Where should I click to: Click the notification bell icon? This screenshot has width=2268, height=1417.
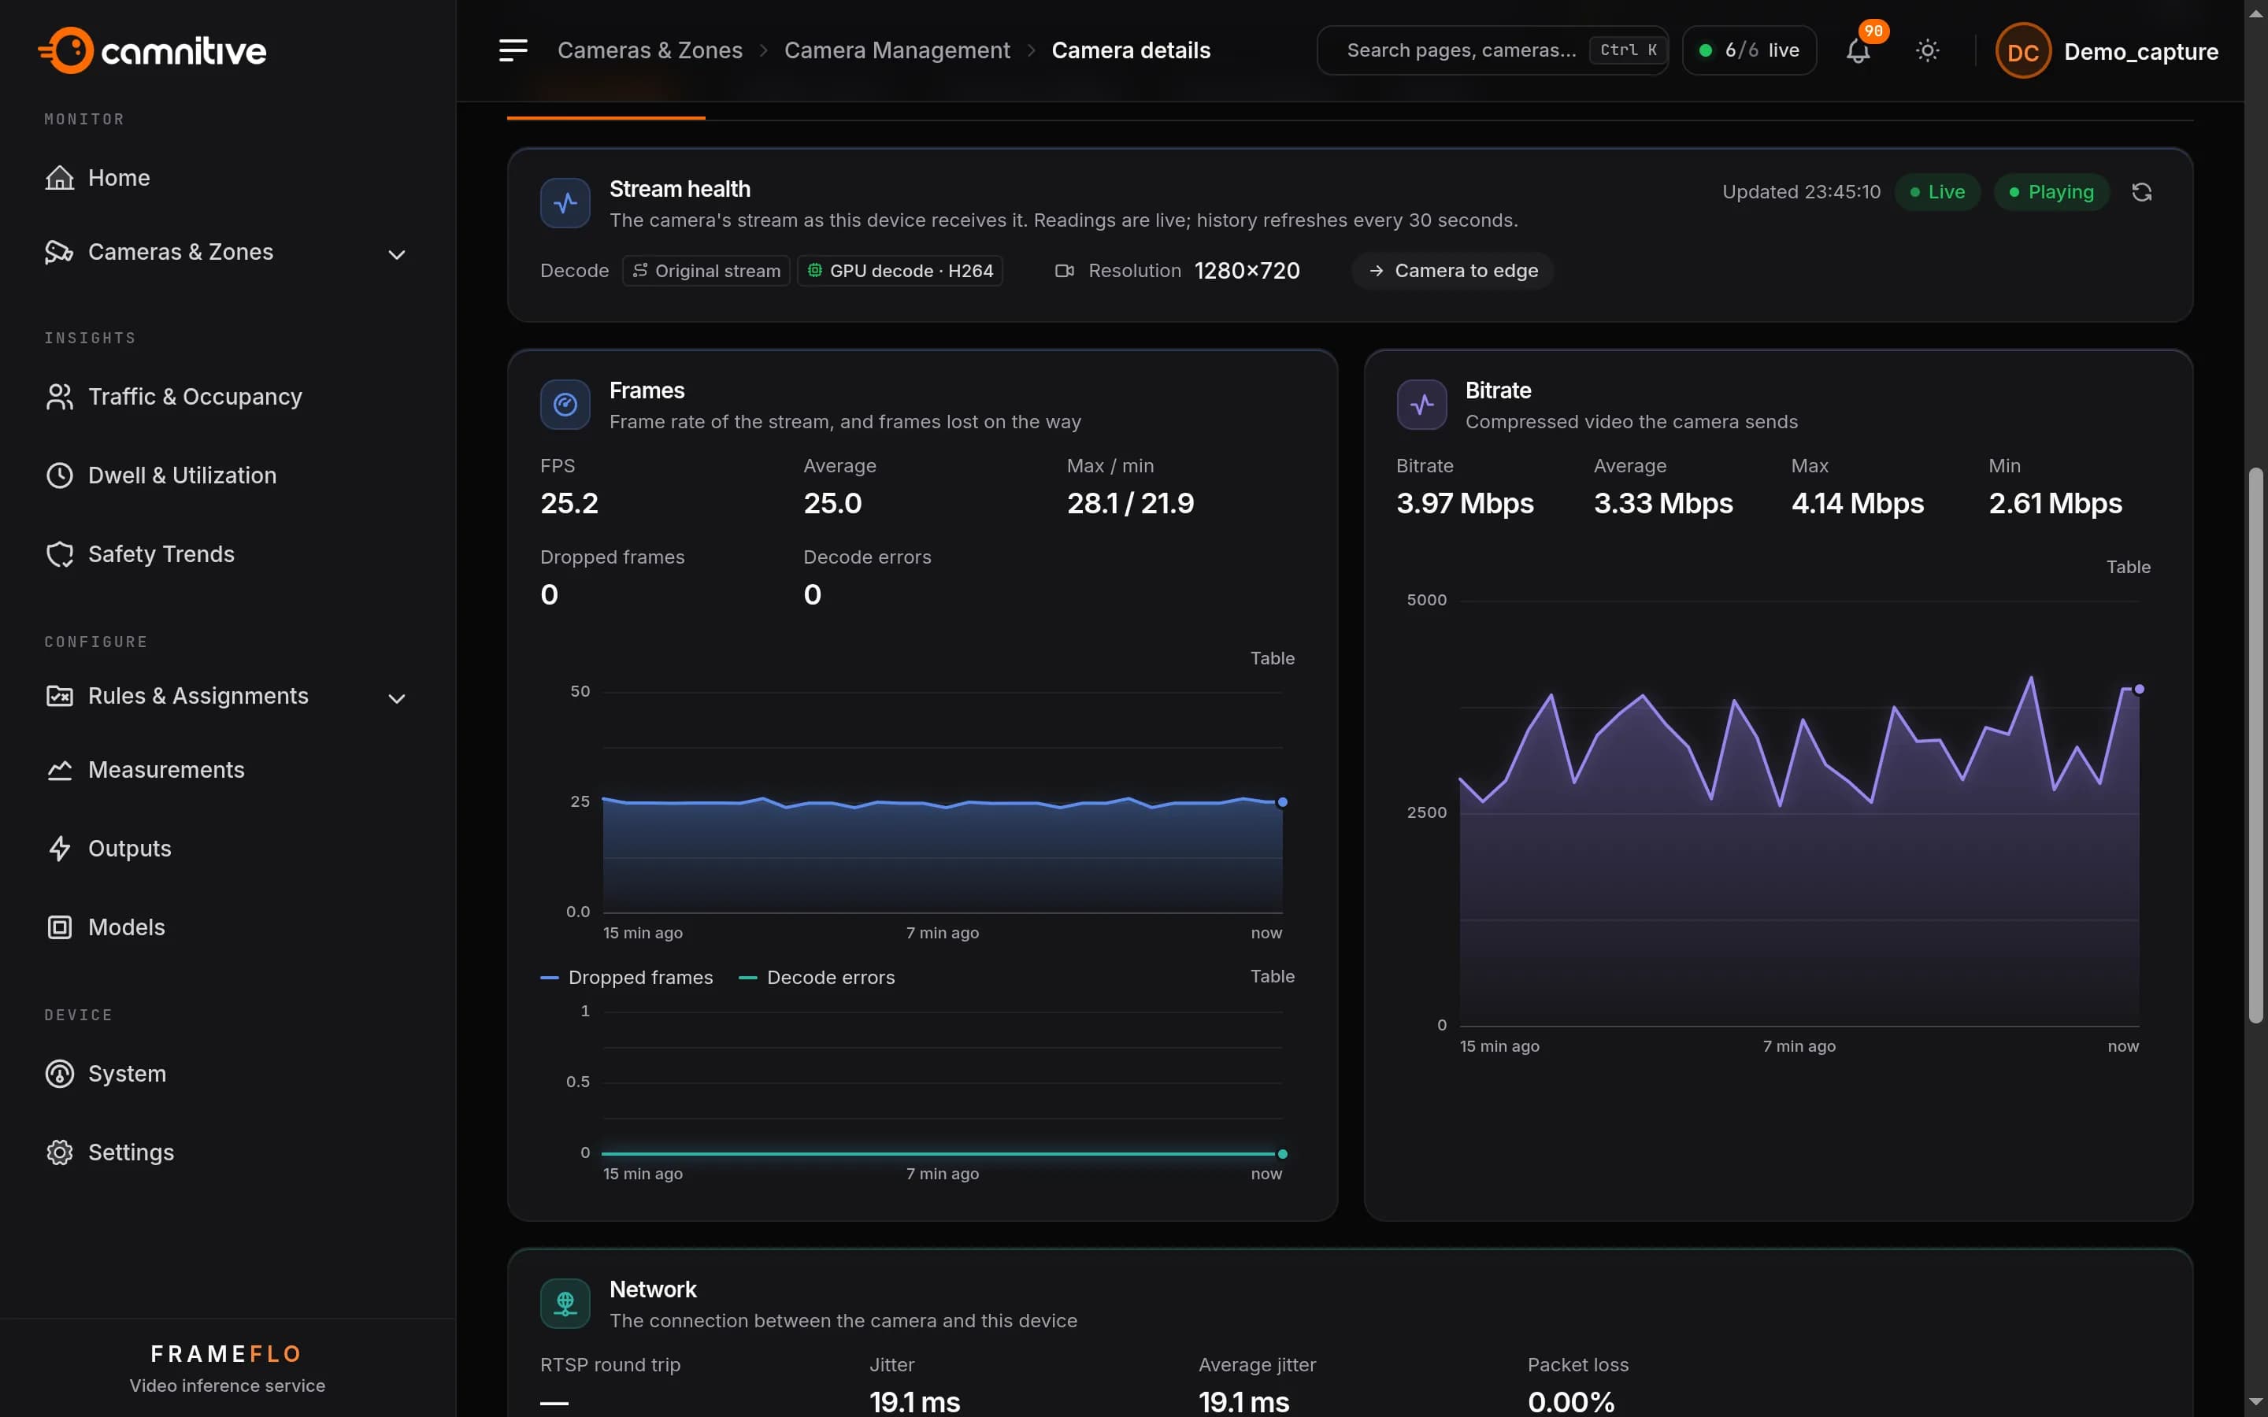(x=1858, y=50)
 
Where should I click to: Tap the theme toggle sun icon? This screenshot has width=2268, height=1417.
(x=1927, y=50)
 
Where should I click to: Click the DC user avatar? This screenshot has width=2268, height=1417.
(x=2022, y=50)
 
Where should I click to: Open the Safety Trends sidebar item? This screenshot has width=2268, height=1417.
(x=161, y=554)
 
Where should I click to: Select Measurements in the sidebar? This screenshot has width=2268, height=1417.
(x=166, y=769)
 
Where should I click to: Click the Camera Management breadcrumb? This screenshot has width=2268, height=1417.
(x=897, y=50)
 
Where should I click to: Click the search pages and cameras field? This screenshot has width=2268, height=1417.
(x=1492, y=50)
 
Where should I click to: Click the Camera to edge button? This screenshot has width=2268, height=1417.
(x=1453, y=271)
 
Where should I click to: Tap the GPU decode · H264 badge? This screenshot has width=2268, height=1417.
(x=899, y=271)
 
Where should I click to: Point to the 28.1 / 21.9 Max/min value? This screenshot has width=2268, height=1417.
(x=1130, y=503)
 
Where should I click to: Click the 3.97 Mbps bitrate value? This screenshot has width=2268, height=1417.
(x=1465, y=503)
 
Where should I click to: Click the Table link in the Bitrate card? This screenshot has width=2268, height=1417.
(x=2127, y=567)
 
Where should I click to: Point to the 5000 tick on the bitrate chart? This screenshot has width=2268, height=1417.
(x=1426, y=600)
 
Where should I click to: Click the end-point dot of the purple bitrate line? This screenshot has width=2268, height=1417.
(x=2139, y=690)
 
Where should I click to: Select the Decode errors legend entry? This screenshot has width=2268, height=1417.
(x=817, y=978)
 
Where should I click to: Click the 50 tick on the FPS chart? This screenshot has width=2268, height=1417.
(x=580, y=692)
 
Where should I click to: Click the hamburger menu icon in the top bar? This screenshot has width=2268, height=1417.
(x=513, y=50)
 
